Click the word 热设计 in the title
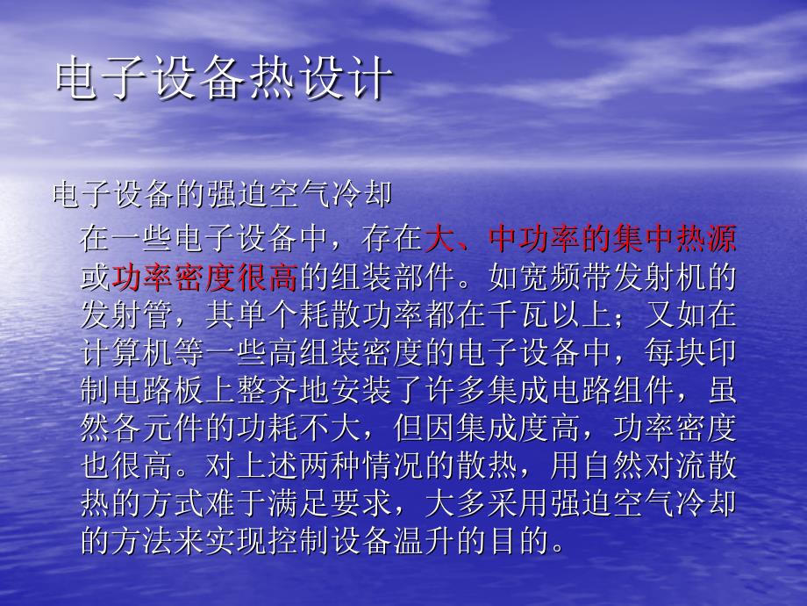coord(320,79)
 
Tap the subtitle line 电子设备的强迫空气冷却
coord(222,194)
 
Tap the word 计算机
coord(127,352)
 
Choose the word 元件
coord(174,429)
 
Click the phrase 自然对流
coord(643,465)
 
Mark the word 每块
coord(675,352)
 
